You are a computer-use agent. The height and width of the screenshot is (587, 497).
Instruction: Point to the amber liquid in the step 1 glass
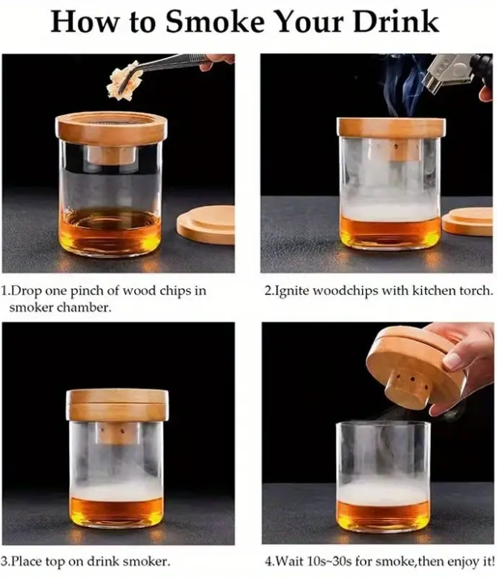111,232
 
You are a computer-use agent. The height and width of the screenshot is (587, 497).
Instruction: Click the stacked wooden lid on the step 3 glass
117,405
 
